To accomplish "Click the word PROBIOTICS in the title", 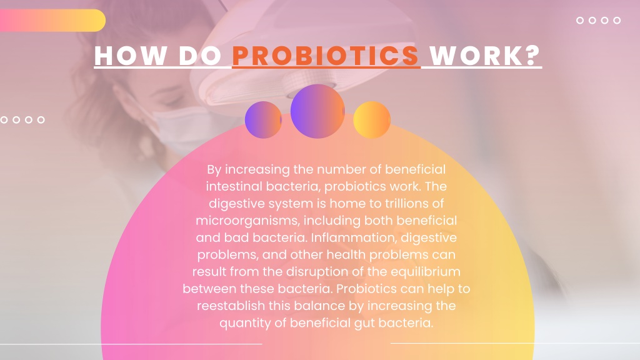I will coord(326,56).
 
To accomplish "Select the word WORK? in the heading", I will coord(485,56).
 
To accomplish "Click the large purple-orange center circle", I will coord(317,111).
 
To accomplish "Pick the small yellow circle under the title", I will coord(372,119).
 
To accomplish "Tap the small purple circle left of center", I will coord(263,119).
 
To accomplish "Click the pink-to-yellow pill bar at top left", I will coord(52,21).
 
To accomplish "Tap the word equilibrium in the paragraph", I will coord(429,272).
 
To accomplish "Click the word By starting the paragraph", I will coord(214,169).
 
